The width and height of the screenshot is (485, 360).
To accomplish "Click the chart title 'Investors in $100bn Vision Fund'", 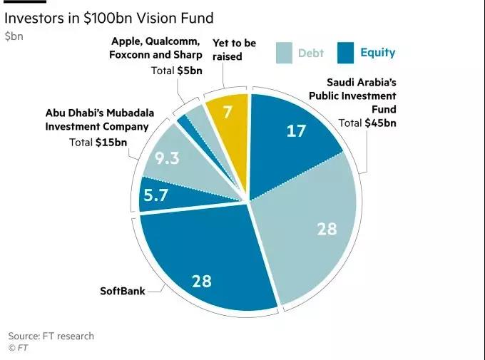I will (x=109, y=17).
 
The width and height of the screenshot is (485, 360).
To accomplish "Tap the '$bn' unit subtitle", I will (x=14, y=36).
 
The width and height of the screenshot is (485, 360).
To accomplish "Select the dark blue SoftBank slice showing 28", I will (x=202, y=280).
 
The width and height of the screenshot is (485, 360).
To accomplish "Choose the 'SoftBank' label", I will (x=123, y=291).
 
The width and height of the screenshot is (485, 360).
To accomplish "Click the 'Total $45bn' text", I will (x=367, y=123).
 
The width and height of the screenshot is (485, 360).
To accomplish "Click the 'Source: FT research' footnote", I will (x=51, y=336).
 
